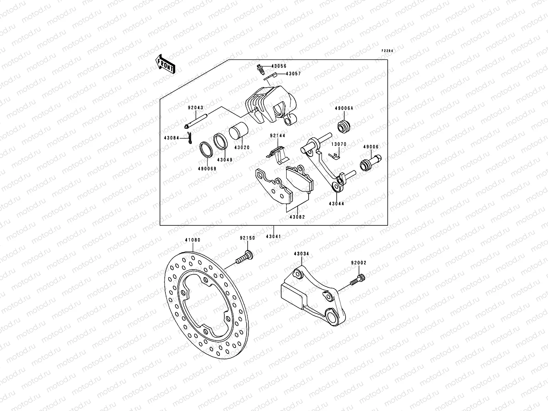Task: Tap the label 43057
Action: click(294, 74)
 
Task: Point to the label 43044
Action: click(336, 203)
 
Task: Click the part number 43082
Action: click(297, 217)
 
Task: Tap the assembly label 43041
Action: click(274, 236)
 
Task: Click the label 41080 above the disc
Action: click(192, 240)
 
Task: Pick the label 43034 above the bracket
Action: click(301, 254)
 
